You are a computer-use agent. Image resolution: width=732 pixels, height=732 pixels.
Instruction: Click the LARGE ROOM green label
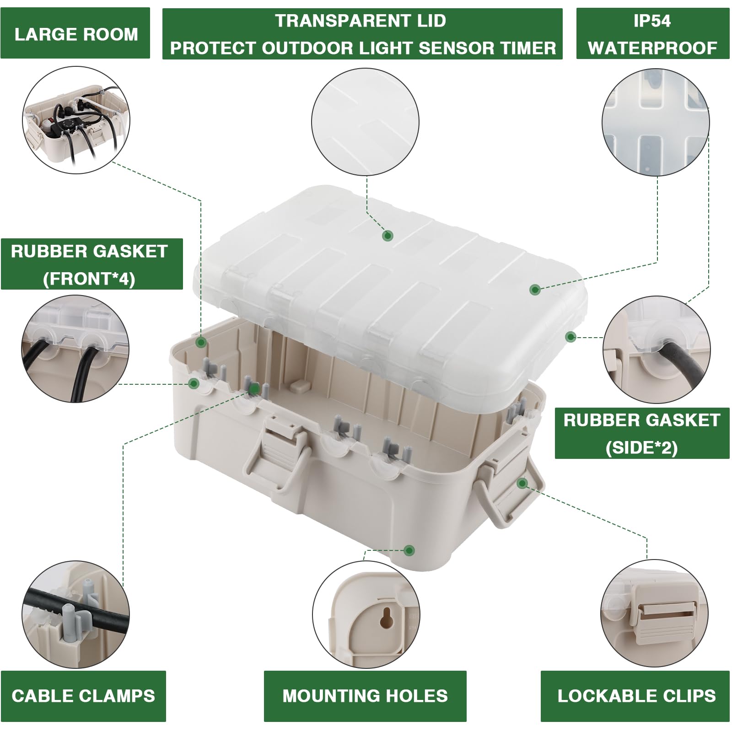coord(75,34)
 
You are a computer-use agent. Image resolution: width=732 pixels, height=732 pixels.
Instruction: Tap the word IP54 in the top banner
coord(652,21)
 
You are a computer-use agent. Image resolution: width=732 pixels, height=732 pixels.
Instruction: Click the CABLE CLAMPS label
coord(83,696)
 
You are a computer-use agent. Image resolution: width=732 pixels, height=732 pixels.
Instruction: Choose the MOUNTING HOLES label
coord(365,696)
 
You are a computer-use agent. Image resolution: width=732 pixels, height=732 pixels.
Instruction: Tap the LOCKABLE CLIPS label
coord(636,696)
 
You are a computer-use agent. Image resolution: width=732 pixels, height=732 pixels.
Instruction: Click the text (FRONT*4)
coord(89,279)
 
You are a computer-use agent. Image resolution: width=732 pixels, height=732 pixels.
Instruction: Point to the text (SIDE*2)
coord(641,448)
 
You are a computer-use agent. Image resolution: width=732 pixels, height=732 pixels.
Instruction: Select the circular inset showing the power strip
coord(76,120)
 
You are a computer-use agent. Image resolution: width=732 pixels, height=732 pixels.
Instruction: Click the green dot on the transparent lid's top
coord(388,236)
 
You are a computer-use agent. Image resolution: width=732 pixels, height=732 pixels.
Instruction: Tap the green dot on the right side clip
coord(522,483)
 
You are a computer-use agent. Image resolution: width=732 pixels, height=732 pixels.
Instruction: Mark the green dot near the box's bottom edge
coord(409,550)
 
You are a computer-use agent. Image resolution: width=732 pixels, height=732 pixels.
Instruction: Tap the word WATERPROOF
coord(652,48)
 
